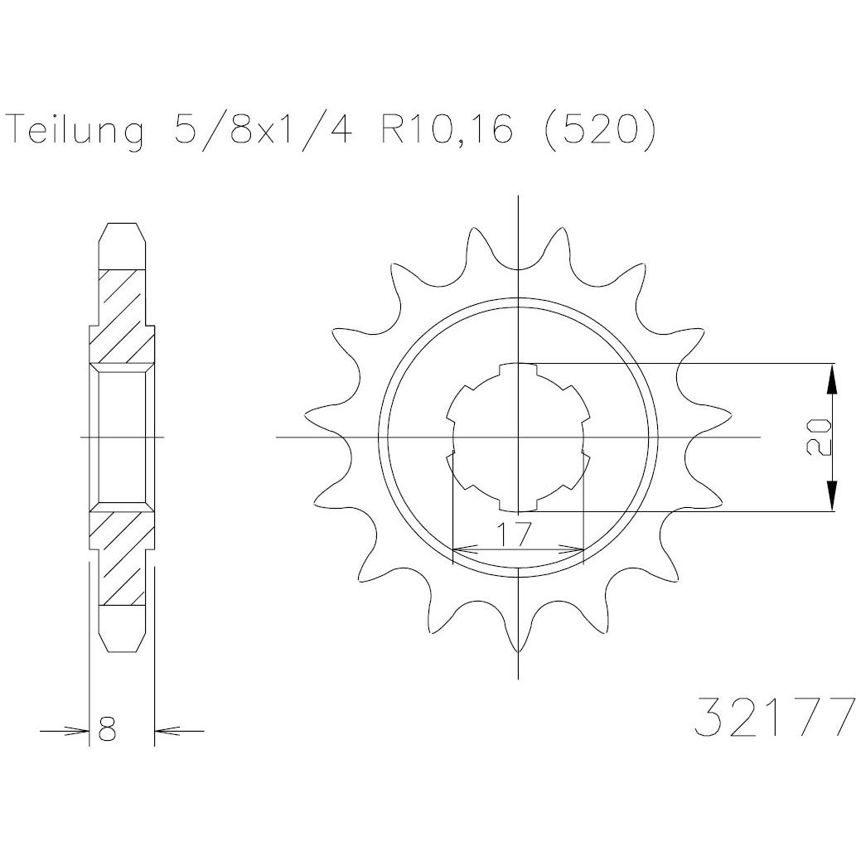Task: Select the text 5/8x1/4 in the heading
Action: tap(263, 129)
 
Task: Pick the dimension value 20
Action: tap(818, 438)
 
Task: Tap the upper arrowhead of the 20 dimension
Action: tap(831, 379)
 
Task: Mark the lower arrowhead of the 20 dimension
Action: tap(831, 496)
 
